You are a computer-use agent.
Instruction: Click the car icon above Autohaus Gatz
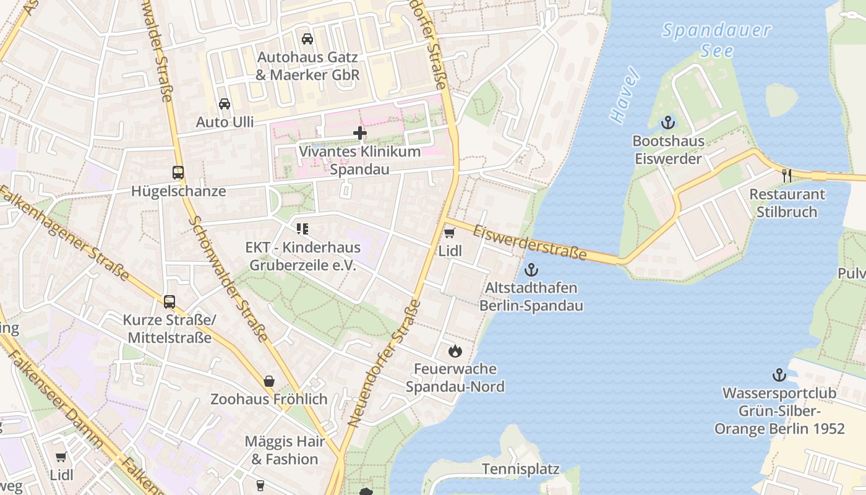[307, 39]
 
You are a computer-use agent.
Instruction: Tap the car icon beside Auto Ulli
[225, 104]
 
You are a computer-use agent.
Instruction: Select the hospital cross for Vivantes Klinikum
[359, 133]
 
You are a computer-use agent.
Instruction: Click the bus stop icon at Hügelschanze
[178, 173]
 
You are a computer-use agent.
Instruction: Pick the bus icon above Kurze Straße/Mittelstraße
[169, 302]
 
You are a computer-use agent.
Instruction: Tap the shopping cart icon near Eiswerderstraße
[450, 233]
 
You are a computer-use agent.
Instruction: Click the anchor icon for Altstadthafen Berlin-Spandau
[531, 270]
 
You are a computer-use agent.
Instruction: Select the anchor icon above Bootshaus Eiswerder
[667, 123]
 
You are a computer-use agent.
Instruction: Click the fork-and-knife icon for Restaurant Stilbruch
[787, 176]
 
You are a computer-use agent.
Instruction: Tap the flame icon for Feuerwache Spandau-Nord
[455, 351]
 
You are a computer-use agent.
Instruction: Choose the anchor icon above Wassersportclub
[779, 375]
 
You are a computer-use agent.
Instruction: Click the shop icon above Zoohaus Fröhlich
[269, 381]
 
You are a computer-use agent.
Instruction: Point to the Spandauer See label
[716, 40]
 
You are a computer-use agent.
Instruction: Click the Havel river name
[624, 96]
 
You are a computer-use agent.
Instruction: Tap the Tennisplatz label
[520, 469]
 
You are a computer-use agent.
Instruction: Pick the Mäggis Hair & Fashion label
[285, 450]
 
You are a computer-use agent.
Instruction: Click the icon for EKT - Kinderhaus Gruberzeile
[302, 230]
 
